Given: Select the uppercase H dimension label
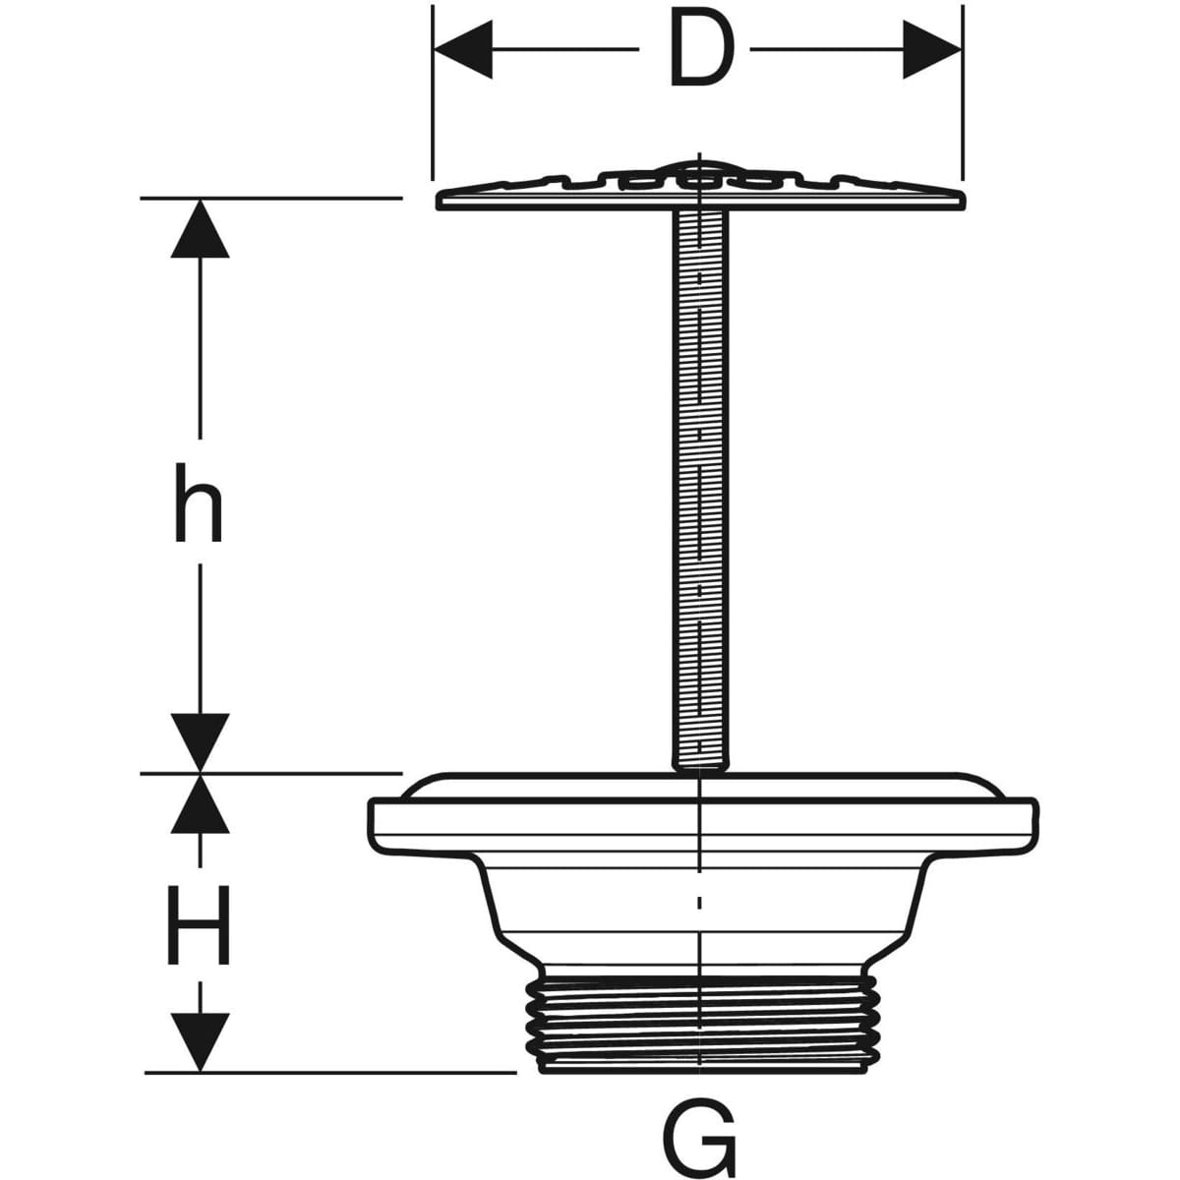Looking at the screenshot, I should click(x=201, y=925).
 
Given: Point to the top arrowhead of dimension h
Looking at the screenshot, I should click(x=200, y=229).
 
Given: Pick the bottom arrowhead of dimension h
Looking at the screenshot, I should click(x=200, y=742).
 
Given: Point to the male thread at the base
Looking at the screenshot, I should click(x=700, y=1023).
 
